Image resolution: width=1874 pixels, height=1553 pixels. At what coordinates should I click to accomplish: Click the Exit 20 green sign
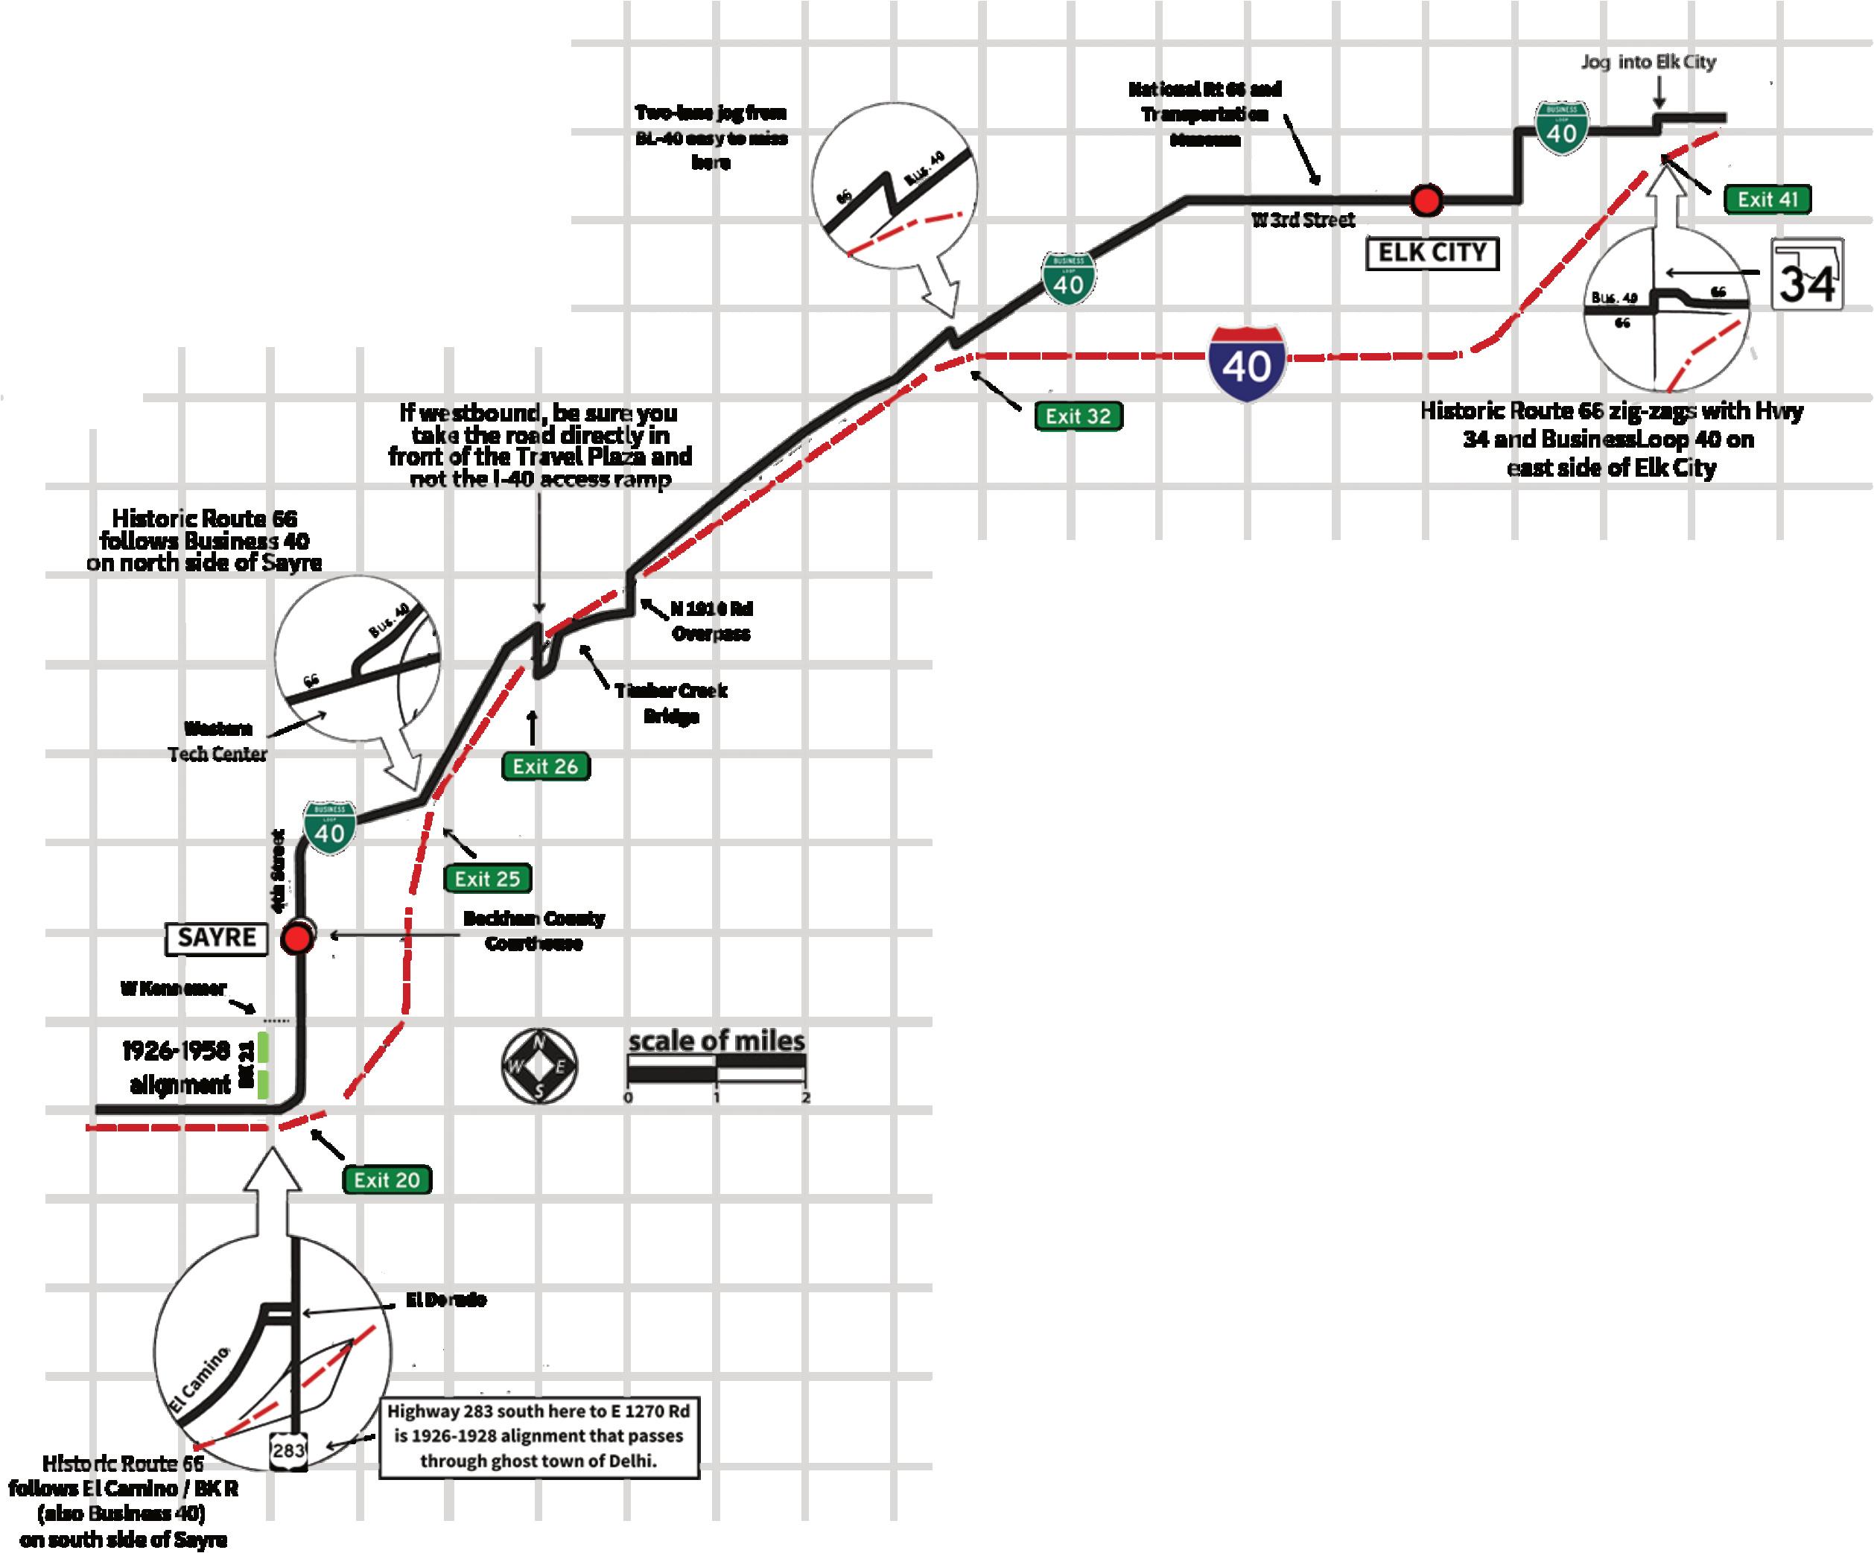tap(387, 1180)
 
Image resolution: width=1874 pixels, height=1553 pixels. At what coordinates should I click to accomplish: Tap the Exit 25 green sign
tap(487, 878)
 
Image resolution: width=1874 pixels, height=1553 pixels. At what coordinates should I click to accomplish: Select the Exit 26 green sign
tap(545, 766)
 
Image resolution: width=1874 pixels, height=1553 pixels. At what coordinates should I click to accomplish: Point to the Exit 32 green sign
tap(1078, 416)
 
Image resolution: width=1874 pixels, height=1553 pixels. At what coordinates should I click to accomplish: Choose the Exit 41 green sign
tap(1767, 199)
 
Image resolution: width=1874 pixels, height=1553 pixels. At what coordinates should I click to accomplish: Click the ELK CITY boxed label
tap(1432, 253)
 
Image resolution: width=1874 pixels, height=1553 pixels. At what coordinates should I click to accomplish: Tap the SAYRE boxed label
tap(217, 938)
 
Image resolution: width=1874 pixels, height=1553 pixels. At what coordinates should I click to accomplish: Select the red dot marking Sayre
tap(297, 939)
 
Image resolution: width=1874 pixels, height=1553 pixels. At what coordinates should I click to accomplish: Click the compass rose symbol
tap(539, 1067)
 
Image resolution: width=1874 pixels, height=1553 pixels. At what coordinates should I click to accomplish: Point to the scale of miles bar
tap(717, 1070)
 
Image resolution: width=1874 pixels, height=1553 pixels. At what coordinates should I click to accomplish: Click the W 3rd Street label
tap(1303, 220)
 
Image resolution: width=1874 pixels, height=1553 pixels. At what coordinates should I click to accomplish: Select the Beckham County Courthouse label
tap(533, 930)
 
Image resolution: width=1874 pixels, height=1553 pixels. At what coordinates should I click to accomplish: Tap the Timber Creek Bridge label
tap(671, 703)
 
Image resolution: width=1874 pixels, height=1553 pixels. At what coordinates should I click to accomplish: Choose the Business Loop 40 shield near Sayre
tap(330, 828)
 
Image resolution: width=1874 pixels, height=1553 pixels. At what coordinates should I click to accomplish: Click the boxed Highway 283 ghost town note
tap(539, 1436)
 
